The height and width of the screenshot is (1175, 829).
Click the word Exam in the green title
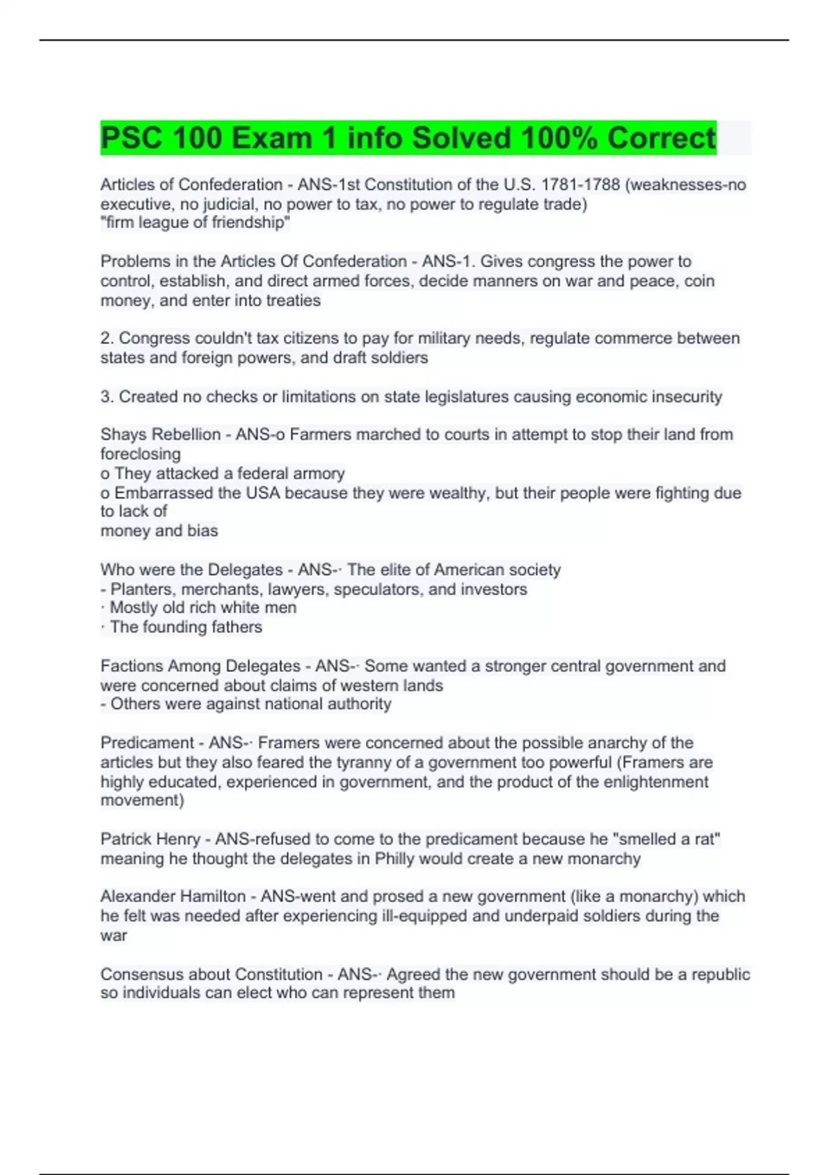[x=271, y=138]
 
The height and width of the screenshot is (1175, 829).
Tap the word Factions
[x=129, y=666]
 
